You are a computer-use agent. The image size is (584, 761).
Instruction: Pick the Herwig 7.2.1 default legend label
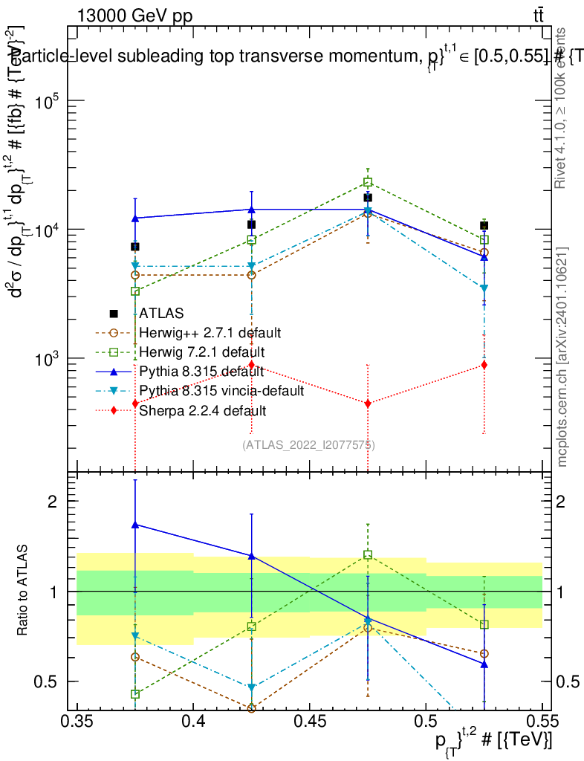click(x=201, y=351)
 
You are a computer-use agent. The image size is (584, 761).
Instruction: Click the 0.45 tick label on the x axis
click(x=310, y=721)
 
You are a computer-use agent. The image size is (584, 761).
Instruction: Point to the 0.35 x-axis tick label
click(x=77, y=721)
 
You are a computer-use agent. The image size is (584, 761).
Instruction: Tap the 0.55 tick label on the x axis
click(x=542, y=721)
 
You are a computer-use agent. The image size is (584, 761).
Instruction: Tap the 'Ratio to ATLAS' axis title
click(x=22, y=592)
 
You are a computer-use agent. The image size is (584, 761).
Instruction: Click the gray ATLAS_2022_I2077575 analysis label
click(x=308, y=445)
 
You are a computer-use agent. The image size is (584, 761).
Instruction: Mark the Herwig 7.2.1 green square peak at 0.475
click(x=368, y=182)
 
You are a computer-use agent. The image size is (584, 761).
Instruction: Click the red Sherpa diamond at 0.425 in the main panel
click(x=251, y=364)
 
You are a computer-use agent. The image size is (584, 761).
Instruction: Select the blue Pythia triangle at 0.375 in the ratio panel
click(x=135, y=525)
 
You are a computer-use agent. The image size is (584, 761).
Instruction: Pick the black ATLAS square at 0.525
click(x=484, y=225)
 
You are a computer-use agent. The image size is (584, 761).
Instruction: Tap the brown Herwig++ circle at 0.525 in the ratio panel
click(x=484, y=654)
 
